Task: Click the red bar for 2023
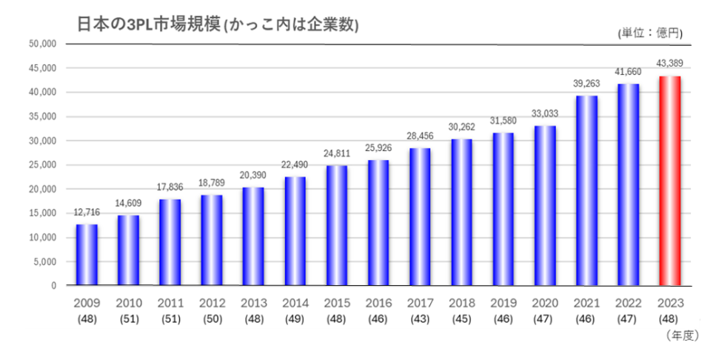click(x=669, y=181)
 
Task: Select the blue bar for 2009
click(x=87, y=255)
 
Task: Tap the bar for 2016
click(x=378, y=223)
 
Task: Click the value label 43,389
click(x=670, y=62)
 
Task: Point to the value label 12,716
click(x=87, y=211)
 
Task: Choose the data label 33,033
click(x=545, y=113)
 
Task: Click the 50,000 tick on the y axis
click(x=43, y=44)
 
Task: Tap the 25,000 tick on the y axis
click(x=43, y=165)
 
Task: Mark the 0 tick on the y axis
click(x=53, y=286)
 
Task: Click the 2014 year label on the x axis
click(x=295, y=304)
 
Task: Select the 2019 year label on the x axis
click(x=503, y=304)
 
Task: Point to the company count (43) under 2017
click(x=420, y=319)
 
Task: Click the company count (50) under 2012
click(x=212, y=319)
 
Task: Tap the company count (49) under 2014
click(x=295, y=319)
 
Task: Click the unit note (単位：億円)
click(x=649, y=33)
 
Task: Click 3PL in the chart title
click(x=138, y=24)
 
